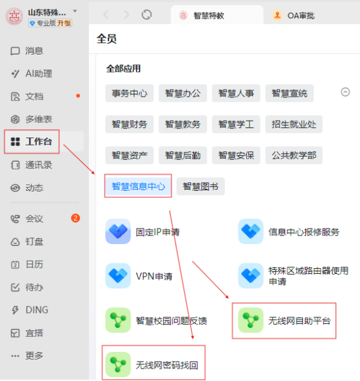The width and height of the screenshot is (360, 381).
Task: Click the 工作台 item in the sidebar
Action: point(32,141)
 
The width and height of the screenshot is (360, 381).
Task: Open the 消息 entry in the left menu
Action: point(27,51)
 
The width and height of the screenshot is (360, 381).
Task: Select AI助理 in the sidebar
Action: point(32,73)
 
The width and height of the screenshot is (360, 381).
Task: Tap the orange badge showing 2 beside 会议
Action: point(75,218)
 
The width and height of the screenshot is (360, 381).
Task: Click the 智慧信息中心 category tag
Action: point(138,186)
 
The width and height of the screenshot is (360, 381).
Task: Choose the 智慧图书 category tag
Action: point(200,186)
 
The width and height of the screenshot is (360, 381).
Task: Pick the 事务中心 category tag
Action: point(129,93)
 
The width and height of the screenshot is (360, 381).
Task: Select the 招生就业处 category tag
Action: point(294,125)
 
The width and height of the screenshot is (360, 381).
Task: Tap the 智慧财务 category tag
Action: point(129,125)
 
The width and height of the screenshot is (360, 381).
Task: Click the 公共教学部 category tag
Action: point(294,155)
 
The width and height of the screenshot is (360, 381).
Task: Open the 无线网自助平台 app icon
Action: point(251,320)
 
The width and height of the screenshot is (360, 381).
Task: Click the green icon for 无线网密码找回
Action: point(118,365)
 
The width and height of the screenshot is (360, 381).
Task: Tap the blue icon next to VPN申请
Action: point(118,276)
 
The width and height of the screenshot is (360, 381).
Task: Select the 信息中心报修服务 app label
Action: point(303,232)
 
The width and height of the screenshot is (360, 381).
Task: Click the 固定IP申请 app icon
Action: point(118,232)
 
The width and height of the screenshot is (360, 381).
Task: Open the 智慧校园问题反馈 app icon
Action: point(118,320)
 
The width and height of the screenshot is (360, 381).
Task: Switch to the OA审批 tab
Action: point(294,16)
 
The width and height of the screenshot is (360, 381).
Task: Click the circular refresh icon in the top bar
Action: point(147,14)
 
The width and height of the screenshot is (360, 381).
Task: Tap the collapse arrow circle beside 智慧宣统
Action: point(346,92)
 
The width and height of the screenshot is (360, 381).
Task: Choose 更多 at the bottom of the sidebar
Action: point(27,356)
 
